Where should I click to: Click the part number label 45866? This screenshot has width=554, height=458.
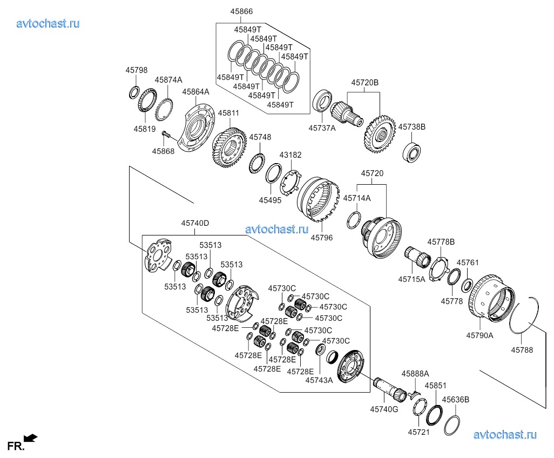coord(242,11)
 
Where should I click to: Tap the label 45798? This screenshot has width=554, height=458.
coord(137,70)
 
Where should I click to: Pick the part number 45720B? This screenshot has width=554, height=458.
coord(364,83)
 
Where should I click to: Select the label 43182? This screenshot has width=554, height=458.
coord(290,155)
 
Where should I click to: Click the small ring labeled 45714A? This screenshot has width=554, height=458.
coord(354,220)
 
